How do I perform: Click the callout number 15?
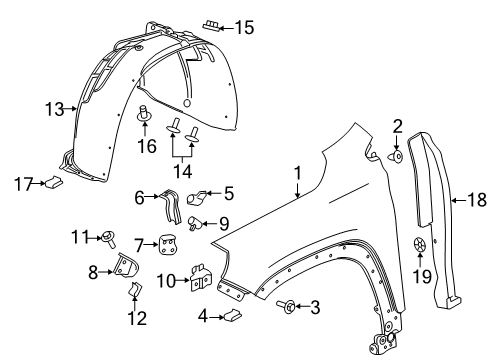(x=244, y=28)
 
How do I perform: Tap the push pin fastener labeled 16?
(x=146, y=116)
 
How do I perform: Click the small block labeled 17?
(x=54, y=182)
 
